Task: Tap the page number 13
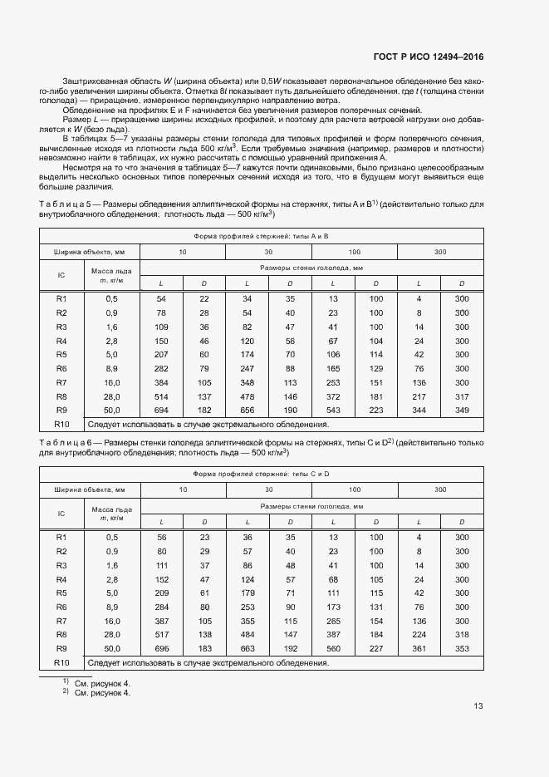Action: pyautogui.click(x=478, y=707)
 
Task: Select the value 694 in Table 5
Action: pyautogui.click(x=161, y=410)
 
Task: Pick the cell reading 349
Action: pyautogui.click(x=462, y=410)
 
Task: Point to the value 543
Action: pyautogui.click(x=332, y=410)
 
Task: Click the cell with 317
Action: pyautogui.click(x=462, y=396)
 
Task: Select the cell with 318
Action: pyautogui.click(x=462, y=634)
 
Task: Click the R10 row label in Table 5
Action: pyautogui.click(x=61, y=424)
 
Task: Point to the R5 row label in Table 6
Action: pyautogui.click(x=61, y=593)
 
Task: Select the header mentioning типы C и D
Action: pyautogui.click(x=261, y=474)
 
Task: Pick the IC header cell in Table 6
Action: pyautogui.click(x=61, y=514)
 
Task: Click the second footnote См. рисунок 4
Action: pyautogui.click(x=102, y=691)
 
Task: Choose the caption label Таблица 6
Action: pyautogui.click(x=65, y=444)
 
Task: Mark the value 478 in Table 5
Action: pyautogui.click(x=247, y=396)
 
